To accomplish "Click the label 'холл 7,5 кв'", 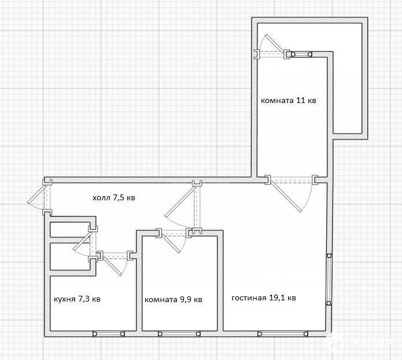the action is tap(113, 198).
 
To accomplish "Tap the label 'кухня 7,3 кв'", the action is tap(77, 299).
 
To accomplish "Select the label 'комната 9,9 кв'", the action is tap(174, 299).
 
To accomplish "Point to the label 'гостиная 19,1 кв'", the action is tap(264, 298).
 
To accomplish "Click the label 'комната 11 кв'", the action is tap(289, 100).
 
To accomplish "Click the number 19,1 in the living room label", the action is tap(278, 297).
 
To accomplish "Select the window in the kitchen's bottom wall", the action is tap(108, 334).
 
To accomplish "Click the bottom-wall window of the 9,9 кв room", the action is tap(179, 334).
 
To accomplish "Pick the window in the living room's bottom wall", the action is tap(283, 333).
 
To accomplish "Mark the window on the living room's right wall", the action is tap(329, 280).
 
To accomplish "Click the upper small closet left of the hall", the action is tap(69, 229).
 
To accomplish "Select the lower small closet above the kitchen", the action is tap(70, 256).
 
